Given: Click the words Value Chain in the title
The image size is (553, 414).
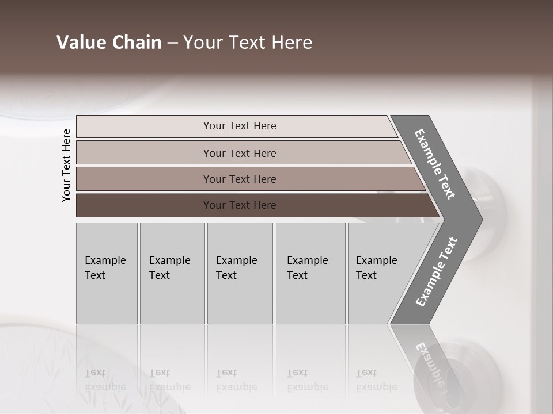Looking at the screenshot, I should [x=109, y=43].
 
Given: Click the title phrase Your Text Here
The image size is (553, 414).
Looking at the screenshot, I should [x=248, y=43].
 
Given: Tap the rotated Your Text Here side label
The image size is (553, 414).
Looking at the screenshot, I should [x=66, y=165].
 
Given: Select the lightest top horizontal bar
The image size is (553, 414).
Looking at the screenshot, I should [x=144, y=126].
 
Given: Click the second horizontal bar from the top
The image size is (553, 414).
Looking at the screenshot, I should [x=144, y=153].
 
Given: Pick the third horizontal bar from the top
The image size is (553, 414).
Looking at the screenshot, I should [x=144, y=179].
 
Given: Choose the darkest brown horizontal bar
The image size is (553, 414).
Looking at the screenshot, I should [x=144, y=205].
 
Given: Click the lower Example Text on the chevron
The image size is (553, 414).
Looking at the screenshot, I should [x=437, y=272].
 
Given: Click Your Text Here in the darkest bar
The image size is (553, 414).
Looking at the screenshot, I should [x=240, y=205].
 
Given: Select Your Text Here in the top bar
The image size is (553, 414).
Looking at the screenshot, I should [x=240, y=126].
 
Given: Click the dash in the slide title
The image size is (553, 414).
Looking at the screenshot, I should [x=172, y=43].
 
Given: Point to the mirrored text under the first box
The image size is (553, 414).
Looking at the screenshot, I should [x=105, y=380].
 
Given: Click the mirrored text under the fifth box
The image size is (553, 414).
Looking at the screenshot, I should [x=376, y=380].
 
